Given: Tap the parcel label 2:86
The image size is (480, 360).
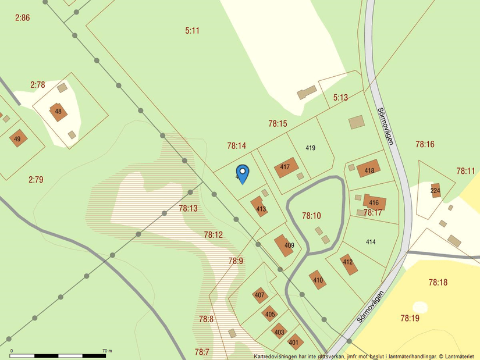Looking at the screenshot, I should (22, 18).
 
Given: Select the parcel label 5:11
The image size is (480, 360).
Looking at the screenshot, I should (193, 30).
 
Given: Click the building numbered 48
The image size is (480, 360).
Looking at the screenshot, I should (58, 111).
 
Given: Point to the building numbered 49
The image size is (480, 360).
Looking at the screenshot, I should (17, 138).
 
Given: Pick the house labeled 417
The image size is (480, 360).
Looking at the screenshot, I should (285, 167).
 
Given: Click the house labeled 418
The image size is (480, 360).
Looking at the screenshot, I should (369, 170).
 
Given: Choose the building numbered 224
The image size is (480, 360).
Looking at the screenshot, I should (435, 190).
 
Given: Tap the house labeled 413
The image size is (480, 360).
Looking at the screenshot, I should (260, 207).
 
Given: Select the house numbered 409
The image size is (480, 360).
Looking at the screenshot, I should (285, 245).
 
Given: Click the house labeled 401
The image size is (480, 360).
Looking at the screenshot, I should (294, 343).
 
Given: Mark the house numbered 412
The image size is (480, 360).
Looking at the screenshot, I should (349, 263).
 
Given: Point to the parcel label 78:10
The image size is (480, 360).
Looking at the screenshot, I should (311, 216).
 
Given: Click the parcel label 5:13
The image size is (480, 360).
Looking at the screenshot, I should (340, 98).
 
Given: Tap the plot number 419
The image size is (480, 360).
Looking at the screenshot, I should (310, 148).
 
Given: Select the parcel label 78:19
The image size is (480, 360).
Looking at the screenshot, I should (410, 318).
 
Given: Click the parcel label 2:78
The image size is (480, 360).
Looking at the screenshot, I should (37, 85).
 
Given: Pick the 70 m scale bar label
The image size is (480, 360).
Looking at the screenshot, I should (106, 351).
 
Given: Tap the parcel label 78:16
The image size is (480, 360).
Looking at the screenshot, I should (425, 144).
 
